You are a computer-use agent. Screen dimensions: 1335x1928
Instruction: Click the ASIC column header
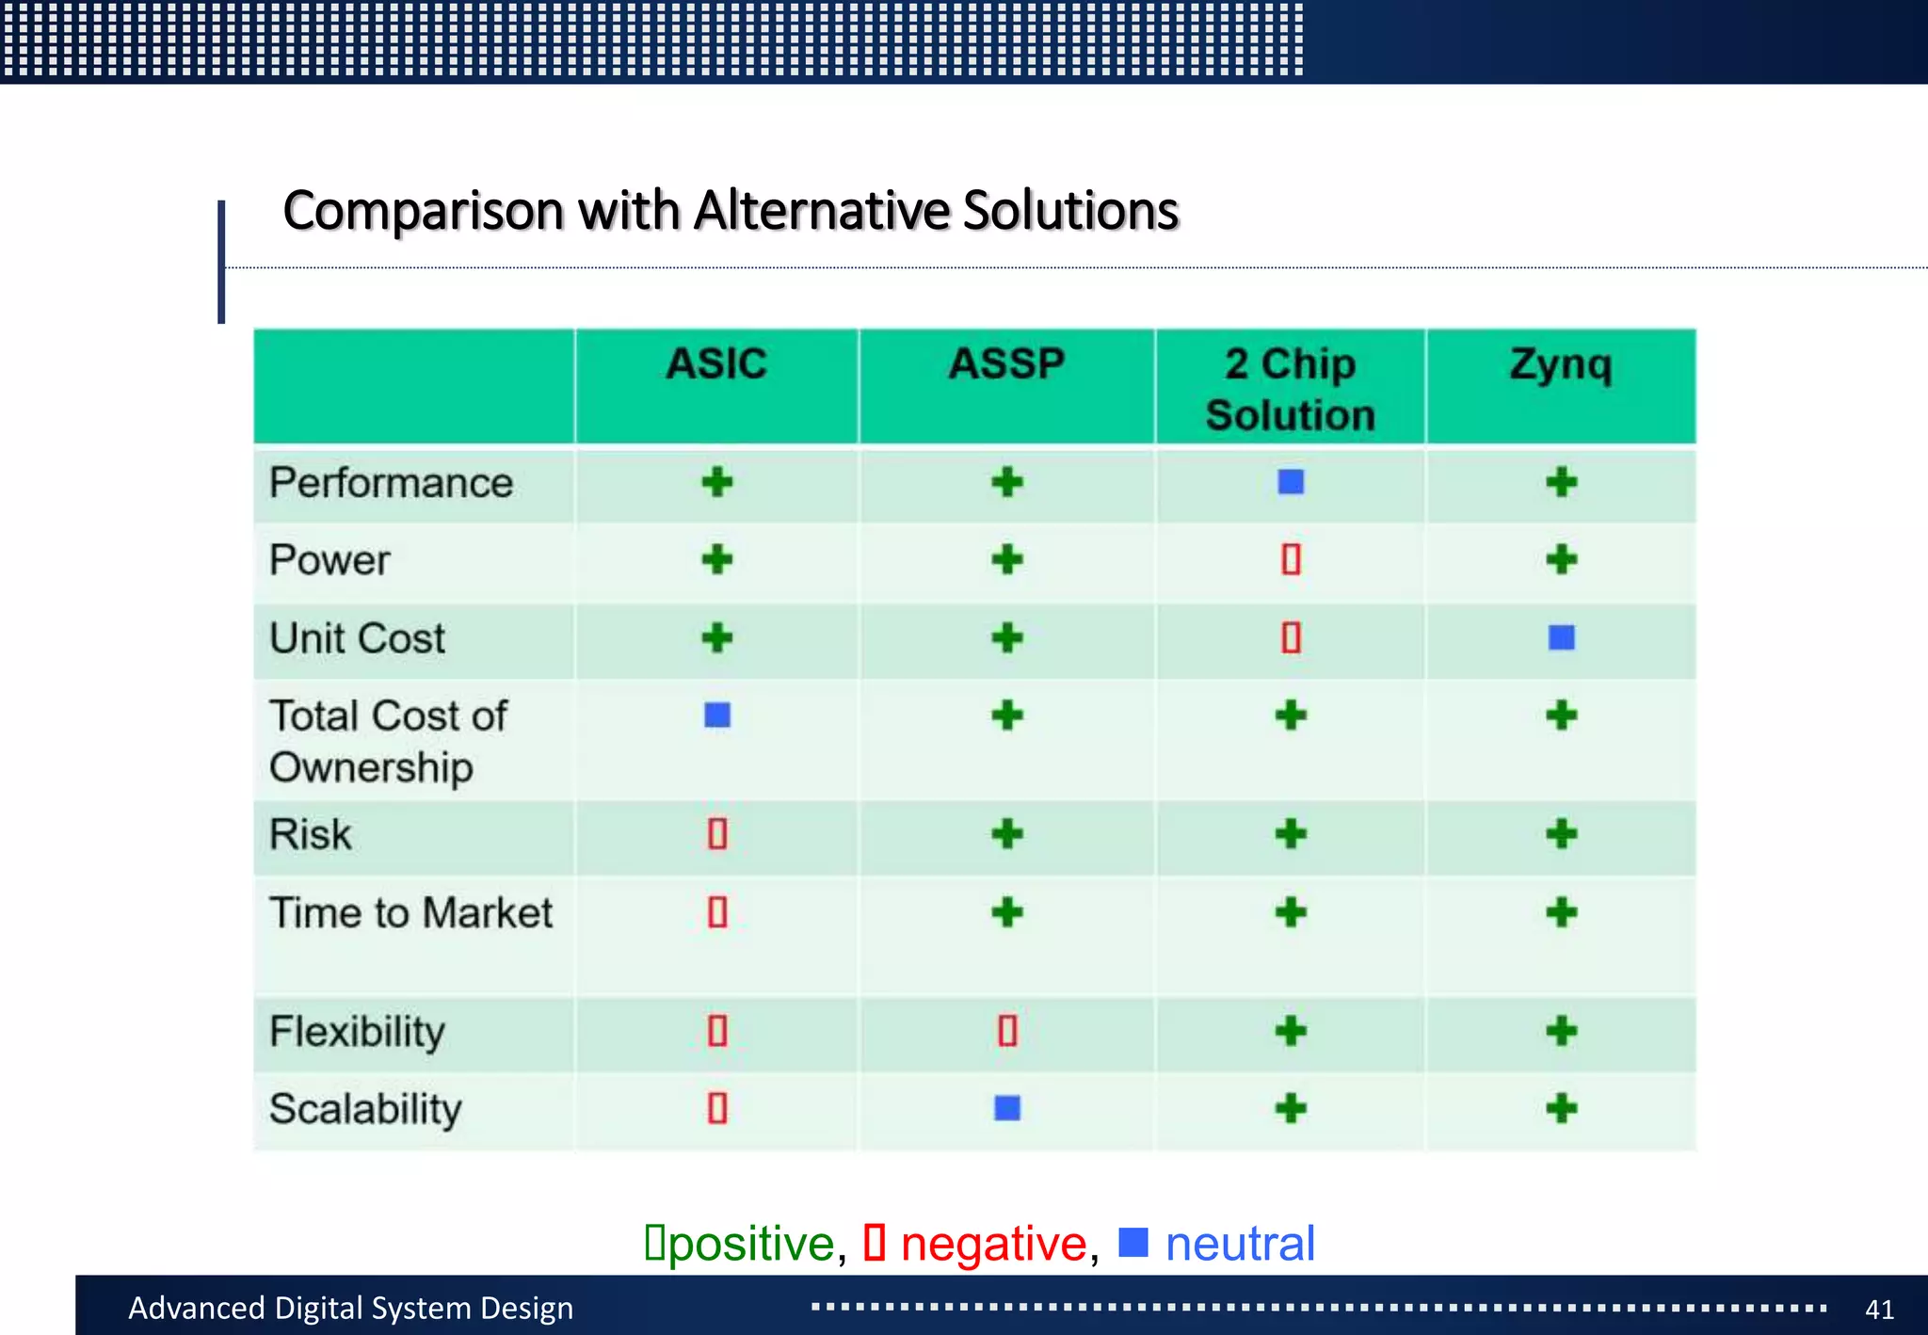[716, 364]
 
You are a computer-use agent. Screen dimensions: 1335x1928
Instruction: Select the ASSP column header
[1006, 364]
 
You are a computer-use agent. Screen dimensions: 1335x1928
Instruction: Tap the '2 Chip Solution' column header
[1290, 389]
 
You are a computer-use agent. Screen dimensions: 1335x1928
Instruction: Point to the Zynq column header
[1561, 364]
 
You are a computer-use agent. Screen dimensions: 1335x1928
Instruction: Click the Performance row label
[391, 483]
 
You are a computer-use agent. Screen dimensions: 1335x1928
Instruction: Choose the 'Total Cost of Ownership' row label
[388, 741]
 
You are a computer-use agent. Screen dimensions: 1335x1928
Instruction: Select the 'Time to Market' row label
[410, 913]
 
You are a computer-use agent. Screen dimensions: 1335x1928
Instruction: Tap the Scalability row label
[365, 1109]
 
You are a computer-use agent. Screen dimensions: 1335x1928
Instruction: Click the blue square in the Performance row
[1291, 482]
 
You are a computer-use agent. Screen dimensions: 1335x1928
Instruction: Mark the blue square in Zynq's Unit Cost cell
[1561, 637]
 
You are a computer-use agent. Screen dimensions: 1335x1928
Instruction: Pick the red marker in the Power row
[1291, 559]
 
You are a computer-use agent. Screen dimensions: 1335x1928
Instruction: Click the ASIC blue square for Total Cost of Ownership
[717, 716]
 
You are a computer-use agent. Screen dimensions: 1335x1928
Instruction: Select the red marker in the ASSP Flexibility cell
[1007, 1031]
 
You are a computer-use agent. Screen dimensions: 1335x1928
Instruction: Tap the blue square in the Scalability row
[1007, 1108]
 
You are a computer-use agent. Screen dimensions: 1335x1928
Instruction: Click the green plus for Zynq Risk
[1561, 834]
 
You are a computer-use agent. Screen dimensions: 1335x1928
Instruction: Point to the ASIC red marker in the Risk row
[717, 834]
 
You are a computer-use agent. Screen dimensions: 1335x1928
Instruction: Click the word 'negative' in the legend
[993, 1244]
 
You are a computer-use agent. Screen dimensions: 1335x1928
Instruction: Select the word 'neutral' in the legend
[1239, 1244]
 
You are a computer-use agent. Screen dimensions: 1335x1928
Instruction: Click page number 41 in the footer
[1879, 1309]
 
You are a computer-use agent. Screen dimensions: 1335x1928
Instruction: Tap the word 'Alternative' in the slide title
[821, 210]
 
